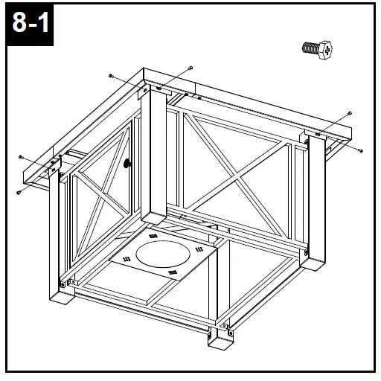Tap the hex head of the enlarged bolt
pos(326,49)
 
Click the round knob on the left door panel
pos(127,162)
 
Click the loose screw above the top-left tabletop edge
pos(110,76)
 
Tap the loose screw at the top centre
pos(191,68)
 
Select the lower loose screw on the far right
pos(360,150)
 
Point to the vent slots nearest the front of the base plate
pos(173,274)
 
